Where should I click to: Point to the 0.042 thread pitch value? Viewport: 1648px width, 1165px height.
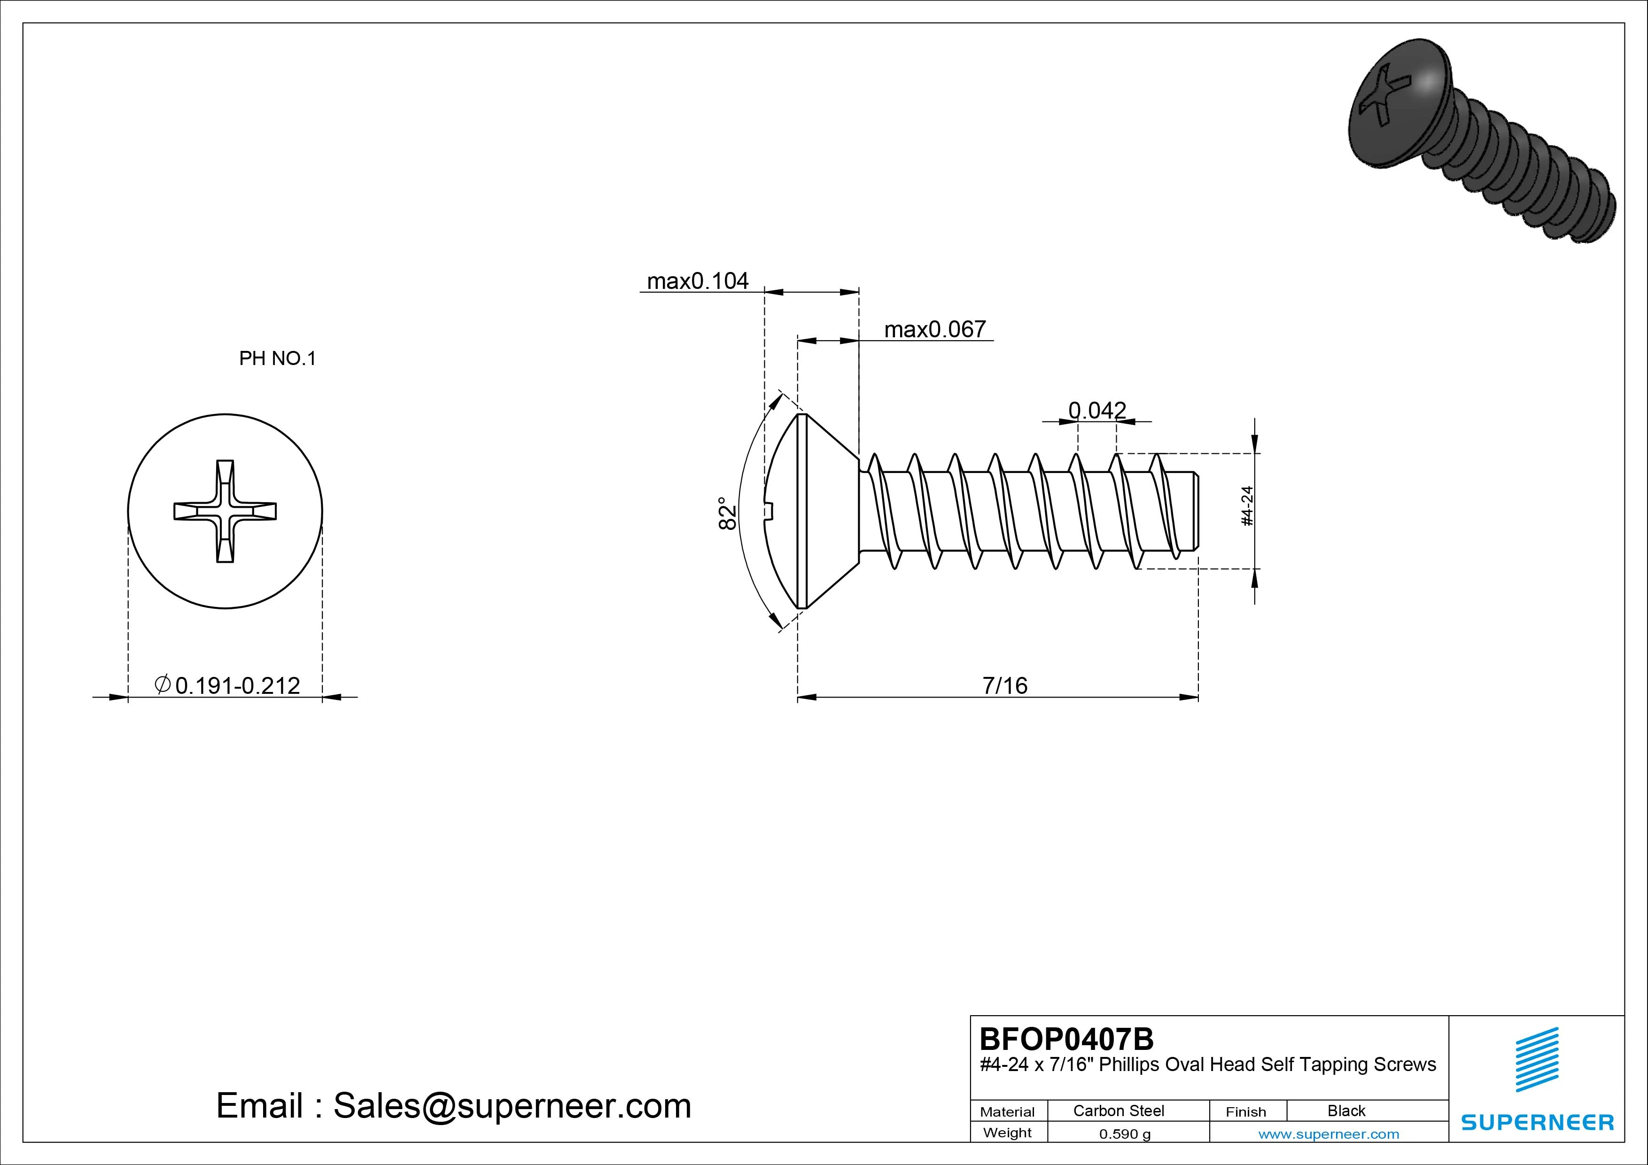[x=1097, y=410]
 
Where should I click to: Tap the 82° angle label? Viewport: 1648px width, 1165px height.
[x=728, y=513]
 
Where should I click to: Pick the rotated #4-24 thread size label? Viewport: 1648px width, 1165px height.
[x=1247, y=506]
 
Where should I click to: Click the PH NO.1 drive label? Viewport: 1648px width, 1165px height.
[x=277, y=358]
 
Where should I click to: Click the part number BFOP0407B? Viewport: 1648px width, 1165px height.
[x=1066, y=1039]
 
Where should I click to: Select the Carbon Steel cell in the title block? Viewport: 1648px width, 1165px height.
[x=1118, y=1111]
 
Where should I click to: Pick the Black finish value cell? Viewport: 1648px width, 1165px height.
[x=1346, y=1111]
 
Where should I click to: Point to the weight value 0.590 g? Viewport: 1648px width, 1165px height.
[x=1125, y=1134]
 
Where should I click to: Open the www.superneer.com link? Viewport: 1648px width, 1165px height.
[x=1329, y=1134]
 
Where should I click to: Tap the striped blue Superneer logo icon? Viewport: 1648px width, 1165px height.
[x=1537, y=1059]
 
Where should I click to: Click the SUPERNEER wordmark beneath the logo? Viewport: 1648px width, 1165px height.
[x=1537, y=1122]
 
